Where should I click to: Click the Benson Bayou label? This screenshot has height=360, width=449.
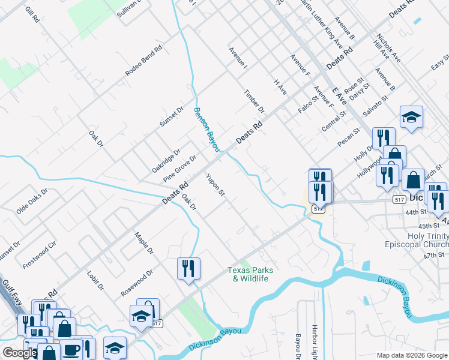pyautogui.click(x=206, y=129)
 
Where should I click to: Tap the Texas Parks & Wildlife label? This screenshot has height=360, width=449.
pyautogui.click(x=250, y=274)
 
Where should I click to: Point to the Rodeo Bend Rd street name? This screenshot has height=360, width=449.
pyautogui.click(x=144, y=61)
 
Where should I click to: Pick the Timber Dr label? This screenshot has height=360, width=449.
pyautogui.click(x=254, y=101)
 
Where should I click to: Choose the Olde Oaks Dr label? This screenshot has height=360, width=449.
pyautogui.click(x=32, y=201)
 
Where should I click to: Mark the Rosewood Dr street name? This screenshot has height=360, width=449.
pyautogui.click(x=137, y=281)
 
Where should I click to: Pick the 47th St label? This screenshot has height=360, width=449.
pyautogui.click(x=441, y=255)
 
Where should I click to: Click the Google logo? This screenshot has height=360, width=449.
pyautogui.click(x=20, y=353)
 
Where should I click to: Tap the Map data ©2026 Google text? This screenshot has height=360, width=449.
pyautogui.click(x=412, y=355)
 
